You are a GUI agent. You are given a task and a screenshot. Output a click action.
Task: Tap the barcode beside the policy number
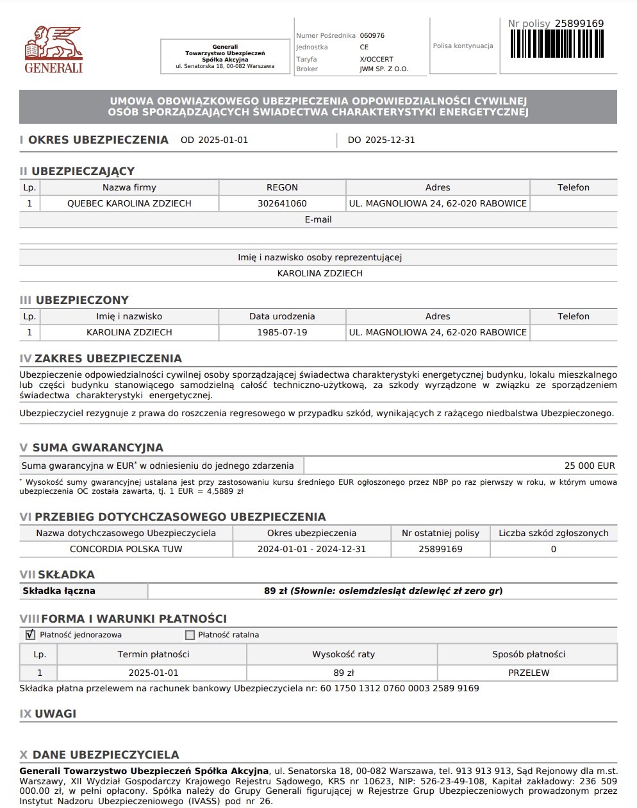tap(557, 44)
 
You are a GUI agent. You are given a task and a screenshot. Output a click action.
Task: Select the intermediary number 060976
tap(372, 36)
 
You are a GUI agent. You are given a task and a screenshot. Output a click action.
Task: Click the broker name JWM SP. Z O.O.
tap(384, 69)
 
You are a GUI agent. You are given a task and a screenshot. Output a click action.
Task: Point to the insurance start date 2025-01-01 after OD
tap(223, 140)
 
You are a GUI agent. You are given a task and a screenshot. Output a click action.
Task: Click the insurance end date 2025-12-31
tap(390, 140)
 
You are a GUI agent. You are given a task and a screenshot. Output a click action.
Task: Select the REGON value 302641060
tap(282, 204)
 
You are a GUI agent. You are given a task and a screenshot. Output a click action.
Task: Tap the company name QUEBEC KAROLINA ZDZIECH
tap(129, 204)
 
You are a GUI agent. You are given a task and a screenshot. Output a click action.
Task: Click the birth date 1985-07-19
tap(282, 333)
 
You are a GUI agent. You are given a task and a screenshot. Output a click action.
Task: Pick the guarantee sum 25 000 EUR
tap(590, 466)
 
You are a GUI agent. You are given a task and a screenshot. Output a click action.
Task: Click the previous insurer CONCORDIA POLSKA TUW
tap(126, 550)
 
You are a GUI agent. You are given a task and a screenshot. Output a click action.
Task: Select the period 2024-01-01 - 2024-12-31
tap(311, 550)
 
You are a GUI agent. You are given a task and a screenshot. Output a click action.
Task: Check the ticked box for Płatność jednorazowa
tap(30, 635)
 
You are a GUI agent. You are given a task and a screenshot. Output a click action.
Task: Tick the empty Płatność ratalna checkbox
tap(190, 635)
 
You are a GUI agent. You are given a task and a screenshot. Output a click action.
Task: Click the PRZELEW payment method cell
tap(529, 673)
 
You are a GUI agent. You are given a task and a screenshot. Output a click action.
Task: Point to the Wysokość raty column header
tap(343, 655)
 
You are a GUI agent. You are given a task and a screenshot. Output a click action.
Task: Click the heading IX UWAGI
tap(48, 714)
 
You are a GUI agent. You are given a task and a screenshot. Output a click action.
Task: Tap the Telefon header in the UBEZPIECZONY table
tap(573, 317)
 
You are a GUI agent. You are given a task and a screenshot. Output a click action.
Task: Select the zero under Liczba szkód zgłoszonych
tap(554, 550)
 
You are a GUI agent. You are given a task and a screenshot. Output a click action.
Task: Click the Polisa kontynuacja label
tap(463, 46)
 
